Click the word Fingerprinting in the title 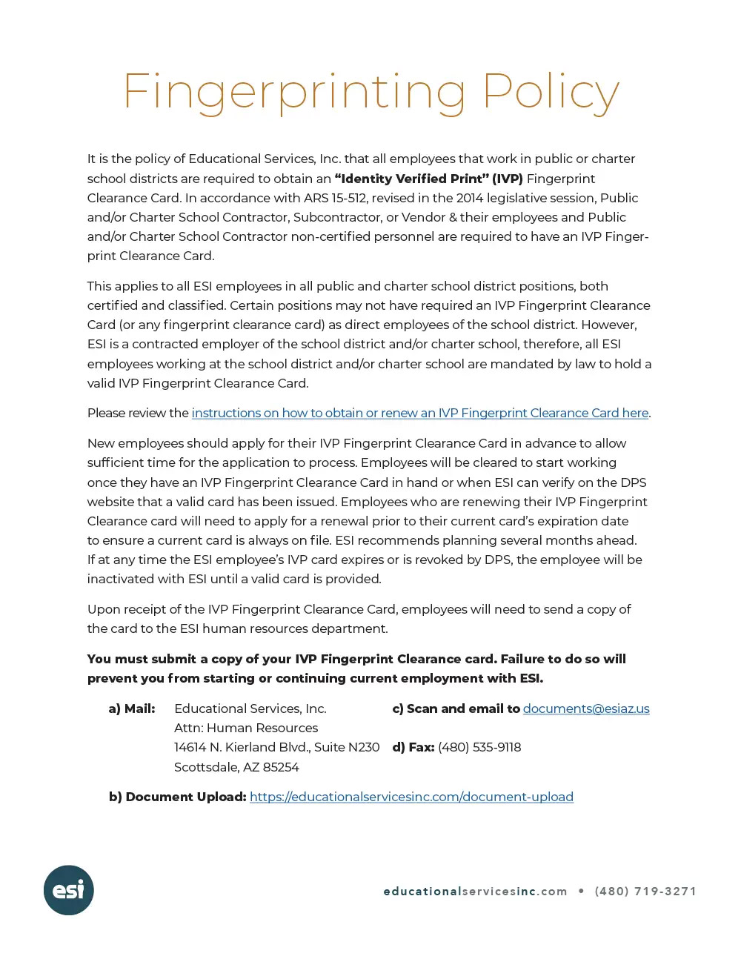(x=294, y=93)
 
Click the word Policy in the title (x=551, y=93)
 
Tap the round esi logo (x=69, y=890)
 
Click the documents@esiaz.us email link (x=586, y=709)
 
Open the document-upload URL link (x=411, y=797)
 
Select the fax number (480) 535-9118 (x=479, y=747)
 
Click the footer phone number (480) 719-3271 (x=645, y=891)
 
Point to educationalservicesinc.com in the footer (x=475, y=891)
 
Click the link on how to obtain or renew (x=420, y=413)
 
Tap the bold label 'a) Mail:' (x=132, y=709)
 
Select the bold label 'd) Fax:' (x=413, y=747)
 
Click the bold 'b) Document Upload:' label (x=178, y=797)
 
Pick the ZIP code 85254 (x=281, y=767)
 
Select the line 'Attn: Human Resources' (x=246, y=728)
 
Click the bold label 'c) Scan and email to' (x=456, y=709)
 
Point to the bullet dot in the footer (x=581, y=891)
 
